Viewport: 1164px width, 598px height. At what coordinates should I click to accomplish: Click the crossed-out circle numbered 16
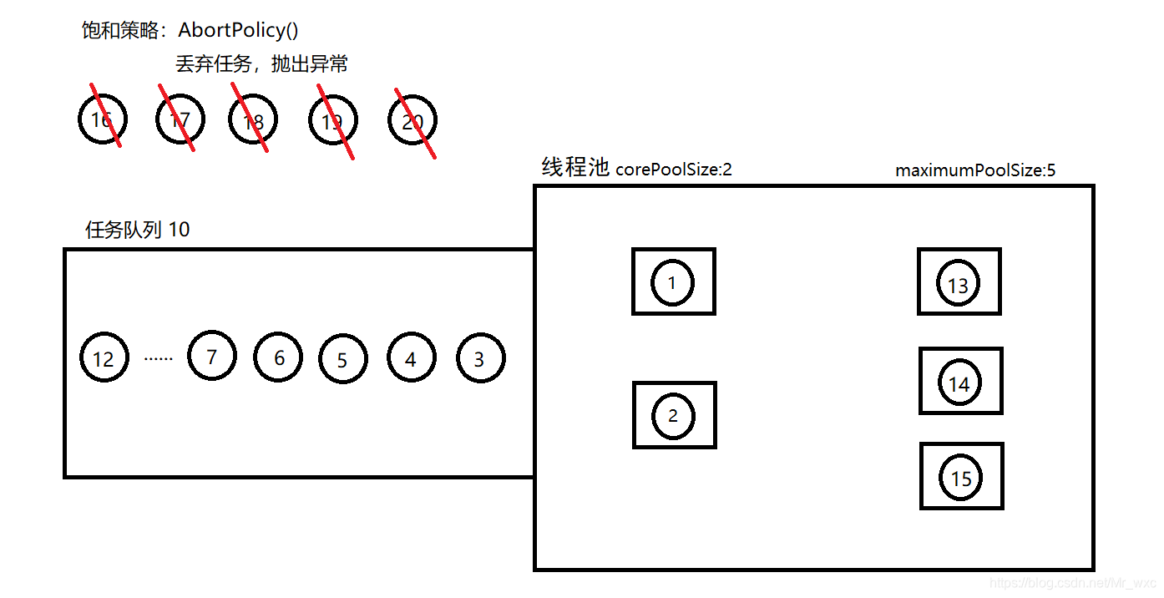(x=102, y=120)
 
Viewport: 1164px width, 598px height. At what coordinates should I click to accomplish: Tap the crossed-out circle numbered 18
(x=252, y=121)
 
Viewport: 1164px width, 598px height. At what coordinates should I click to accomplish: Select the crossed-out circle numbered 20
(x=412, y=122)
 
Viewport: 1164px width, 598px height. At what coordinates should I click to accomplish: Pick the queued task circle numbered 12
(x=104, y=358)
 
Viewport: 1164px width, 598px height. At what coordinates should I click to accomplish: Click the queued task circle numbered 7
(x=212, y=357)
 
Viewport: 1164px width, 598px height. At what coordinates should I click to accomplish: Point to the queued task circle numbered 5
(x=342, y=360)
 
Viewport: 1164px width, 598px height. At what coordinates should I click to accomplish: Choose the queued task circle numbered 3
(x=480, y=359)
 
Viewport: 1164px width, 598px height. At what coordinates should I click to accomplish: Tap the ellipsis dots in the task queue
(x=158, y=358)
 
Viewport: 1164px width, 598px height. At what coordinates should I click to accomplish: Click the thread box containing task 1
(x=673, y=281)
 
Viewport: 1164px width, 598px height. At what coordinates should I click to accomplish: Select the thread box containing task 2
(x=674, y=415)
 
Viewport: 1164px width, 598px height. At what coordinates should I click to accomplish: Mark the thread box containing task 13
(x=959, y=281)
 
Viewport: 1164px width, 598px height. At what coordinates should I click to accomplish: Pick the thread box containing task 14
(x=960, y=381)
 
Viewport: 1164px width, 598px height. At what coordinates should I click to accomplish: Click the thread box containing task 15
(x=961, y=476)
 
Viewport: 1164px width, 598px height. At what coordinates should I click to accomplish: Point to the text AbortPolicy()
(x=239, y=31)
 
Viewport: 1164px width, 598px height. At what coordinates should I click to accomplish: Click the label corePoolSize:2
(x=674, y=170)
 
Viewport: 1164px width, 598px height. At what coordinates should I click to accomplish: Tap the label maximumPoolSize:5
(x=975, y=171)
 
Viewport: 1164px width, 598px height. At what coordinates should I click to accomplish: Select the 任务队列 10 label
(x=138, y=230)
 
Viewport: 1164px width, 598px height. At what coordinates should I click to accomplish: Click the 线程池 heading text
(x=575, y=168)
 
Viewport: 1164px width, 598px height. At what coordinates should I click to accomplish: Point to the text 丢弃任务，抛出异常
(x=261, y=64)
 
